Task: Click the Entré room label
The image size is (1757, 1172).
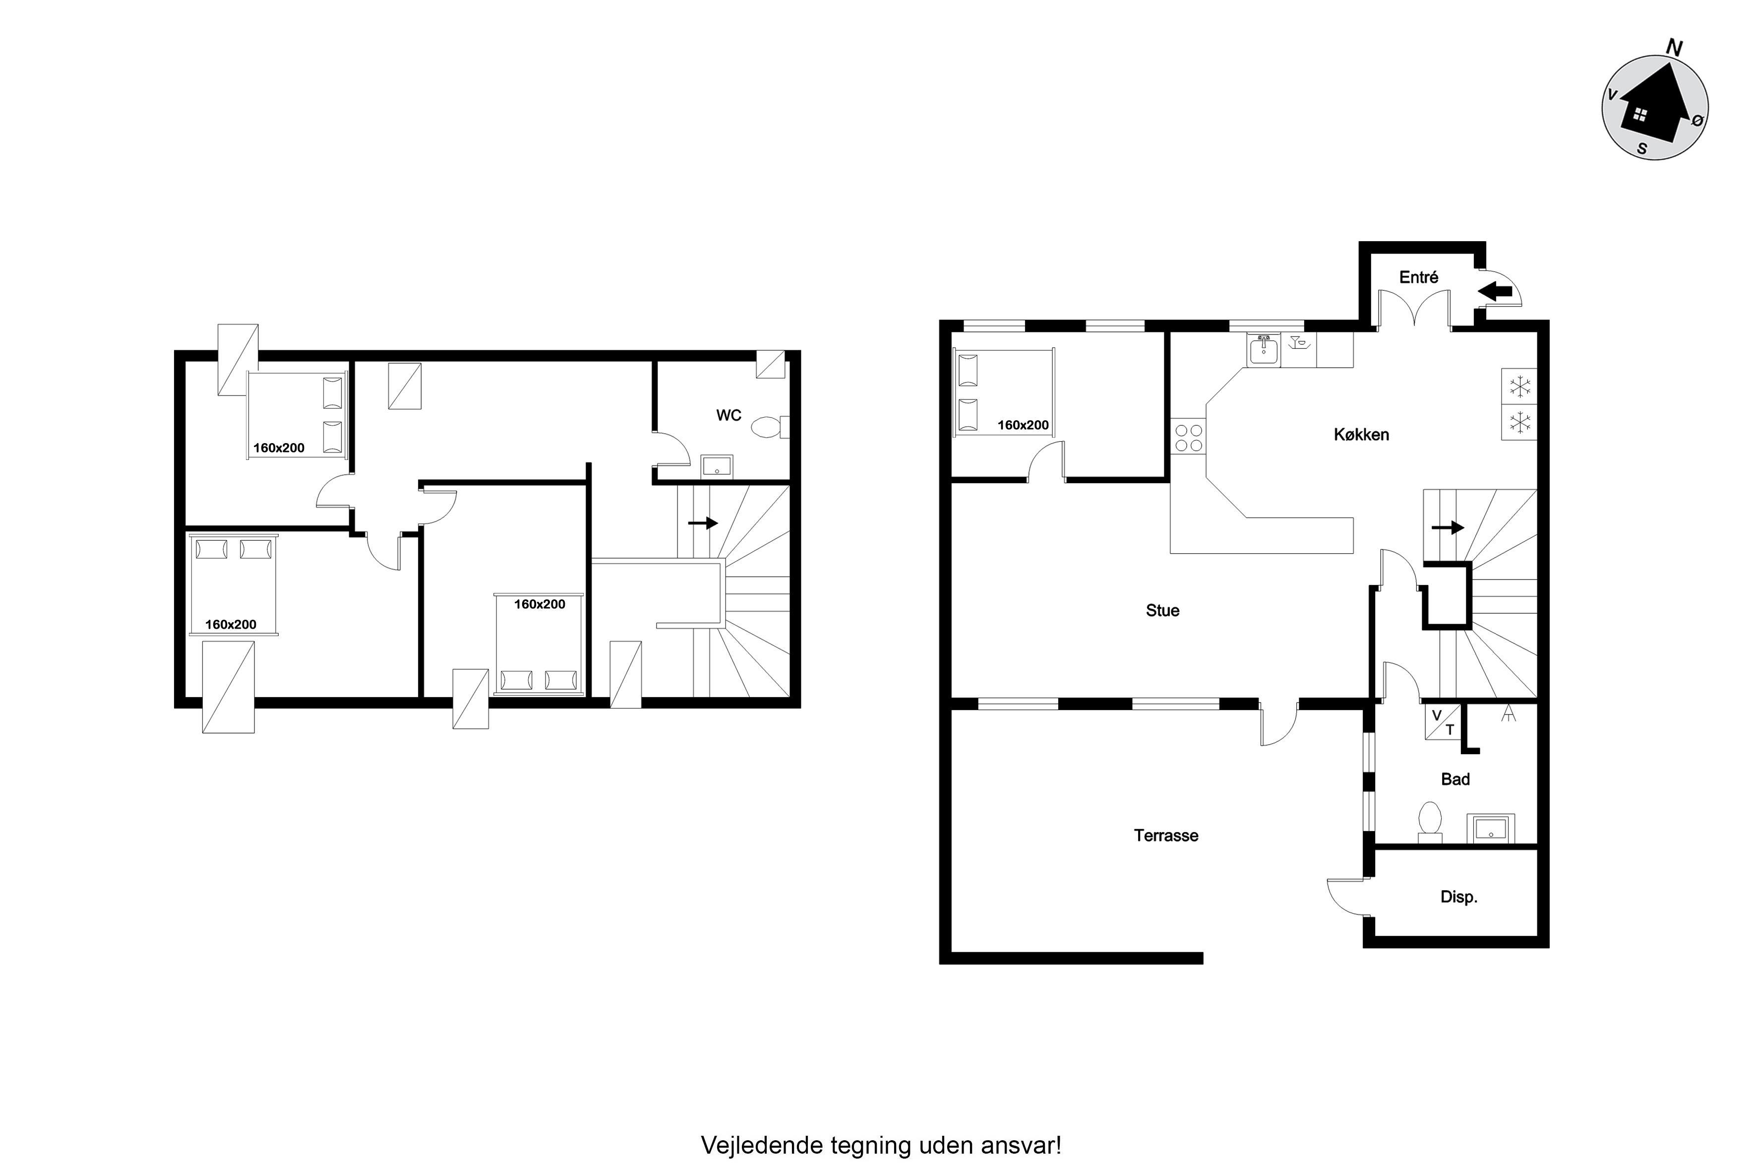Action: tap(1419, 277)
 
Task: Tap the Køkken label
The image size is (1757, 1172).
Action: tap(1361, 434)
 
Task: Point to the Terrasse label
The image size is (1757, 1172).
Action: tap(1166, 835)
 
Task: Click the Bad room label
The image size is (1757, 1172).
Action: tap(1455, 779)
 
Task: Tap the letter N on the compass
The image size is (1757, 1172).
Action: tap(1674, 48)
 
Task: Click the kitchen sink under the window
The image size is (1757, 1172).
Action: tap(1263, 350)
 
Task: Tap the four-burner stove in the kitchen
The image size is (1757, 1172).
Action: tap(1188, 438)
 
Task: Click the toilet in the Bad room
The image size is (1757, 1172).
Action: tap(1430, 822)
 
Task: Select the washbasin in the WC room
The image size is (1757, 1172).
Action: tap(717, 467)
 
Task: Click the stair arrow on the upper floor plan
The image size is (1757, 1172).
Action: tap(702, 523)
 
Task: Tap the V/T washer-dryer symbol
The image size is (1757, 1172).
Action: tap(1443, 722)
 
